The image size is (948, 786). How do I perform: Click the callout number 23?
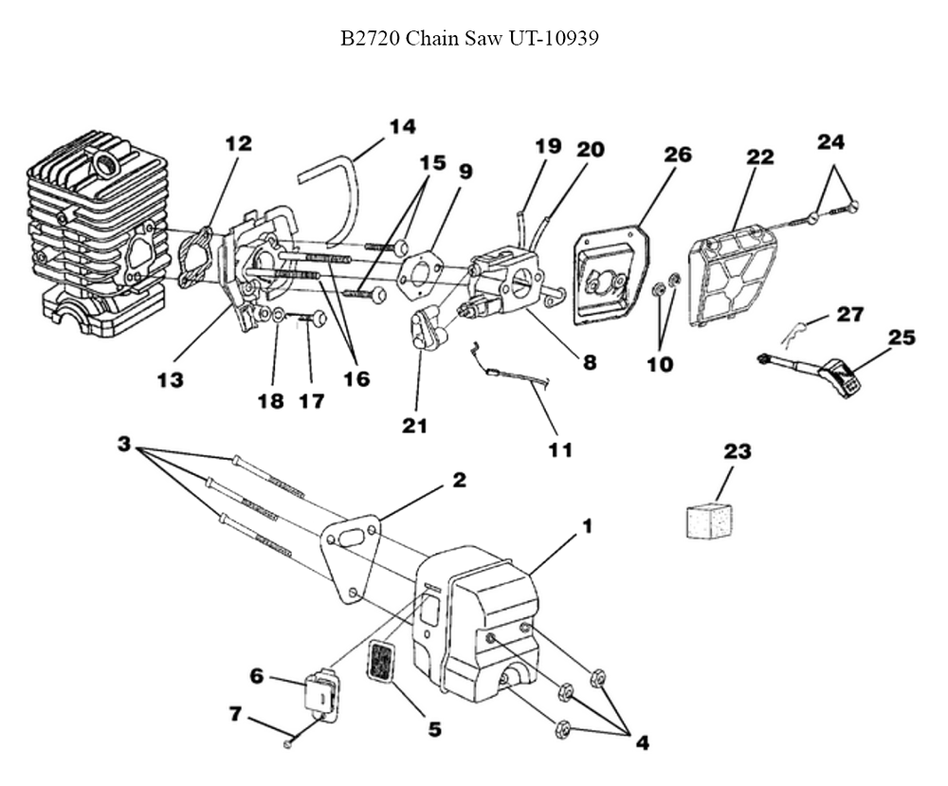(x=737, y=452)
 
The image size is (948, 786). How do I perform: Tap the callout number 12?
(x=239, y=144)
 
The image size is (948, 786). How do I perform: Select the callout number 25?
(x=901, y=337)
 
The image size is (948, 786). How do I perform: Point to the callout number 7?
(x=234, y=712)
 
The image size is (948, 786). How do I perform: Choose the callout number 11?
(x=560, y=449)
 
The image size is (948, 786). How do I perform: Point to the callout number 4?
(x=642, y=743)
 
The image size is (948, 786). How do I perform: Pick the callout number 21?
(x=413, y=426)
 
